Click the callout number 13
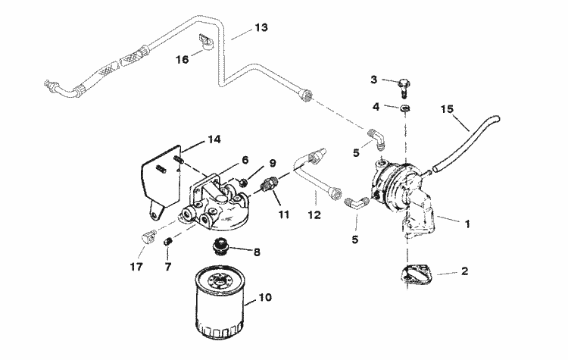click(261, 28)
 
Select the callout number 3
click(373, 80)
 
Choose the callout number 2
click(464, 271)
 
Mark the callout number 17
click(136, 267)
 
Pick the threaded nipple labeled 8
click(220, 247)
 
